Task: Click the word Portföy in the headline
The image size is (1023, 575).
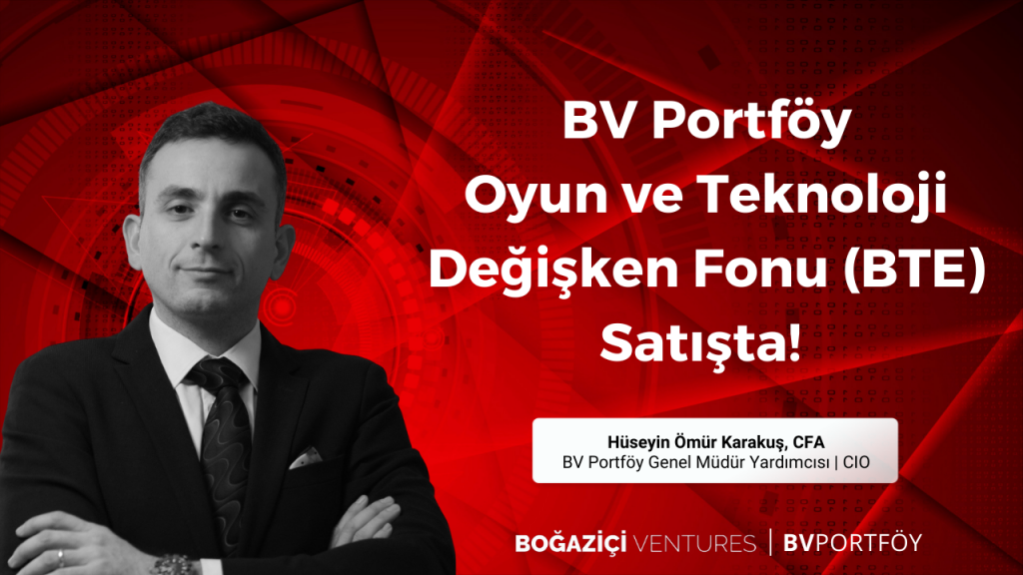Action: point(752,121)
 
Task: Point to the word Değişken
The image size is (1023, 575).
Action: point(553,272)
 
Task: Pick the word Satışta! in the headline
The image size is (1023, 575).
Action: point(700,345)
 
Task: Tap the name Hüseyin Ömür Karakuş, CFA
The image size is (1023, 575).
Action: point(715,442)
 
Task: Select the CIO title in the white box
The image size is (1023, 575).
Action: point(856,462)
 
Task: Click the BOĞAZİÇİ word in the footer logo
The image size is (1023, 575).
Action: point(570,543)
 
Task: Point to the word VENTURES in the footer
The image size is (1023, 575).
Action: point(694,544)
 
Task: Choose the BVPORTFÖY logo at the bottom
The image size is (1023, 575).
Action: point(852,543)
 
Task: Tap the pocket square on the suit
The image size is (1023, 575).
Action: point(305,457)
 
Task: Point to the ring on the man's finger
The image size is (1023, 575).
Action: point(60,559)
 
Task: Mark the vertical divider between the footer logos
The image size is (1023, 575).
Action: point(770,542)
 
